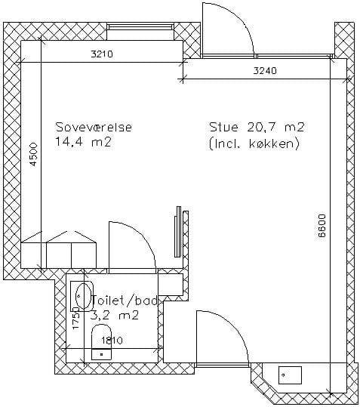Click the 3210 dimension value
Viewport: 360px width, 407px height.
102,54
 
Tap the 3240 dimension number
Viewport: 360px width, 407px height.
265,71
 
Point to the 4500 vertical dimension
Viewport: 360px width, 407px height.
34,154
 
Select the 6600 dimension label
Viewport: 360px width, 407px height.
322,226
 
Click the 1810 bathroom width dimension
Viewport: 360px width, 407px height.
112,340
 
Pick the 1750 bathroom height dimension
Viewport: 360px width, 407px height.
76,318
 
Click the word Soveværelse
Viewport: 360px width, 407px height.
94,127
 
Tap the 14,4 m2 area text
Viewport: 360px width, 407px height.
83,142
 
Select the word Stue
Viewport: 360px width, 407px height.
223,127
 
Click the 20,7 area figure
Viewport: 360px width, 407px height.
262,127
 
